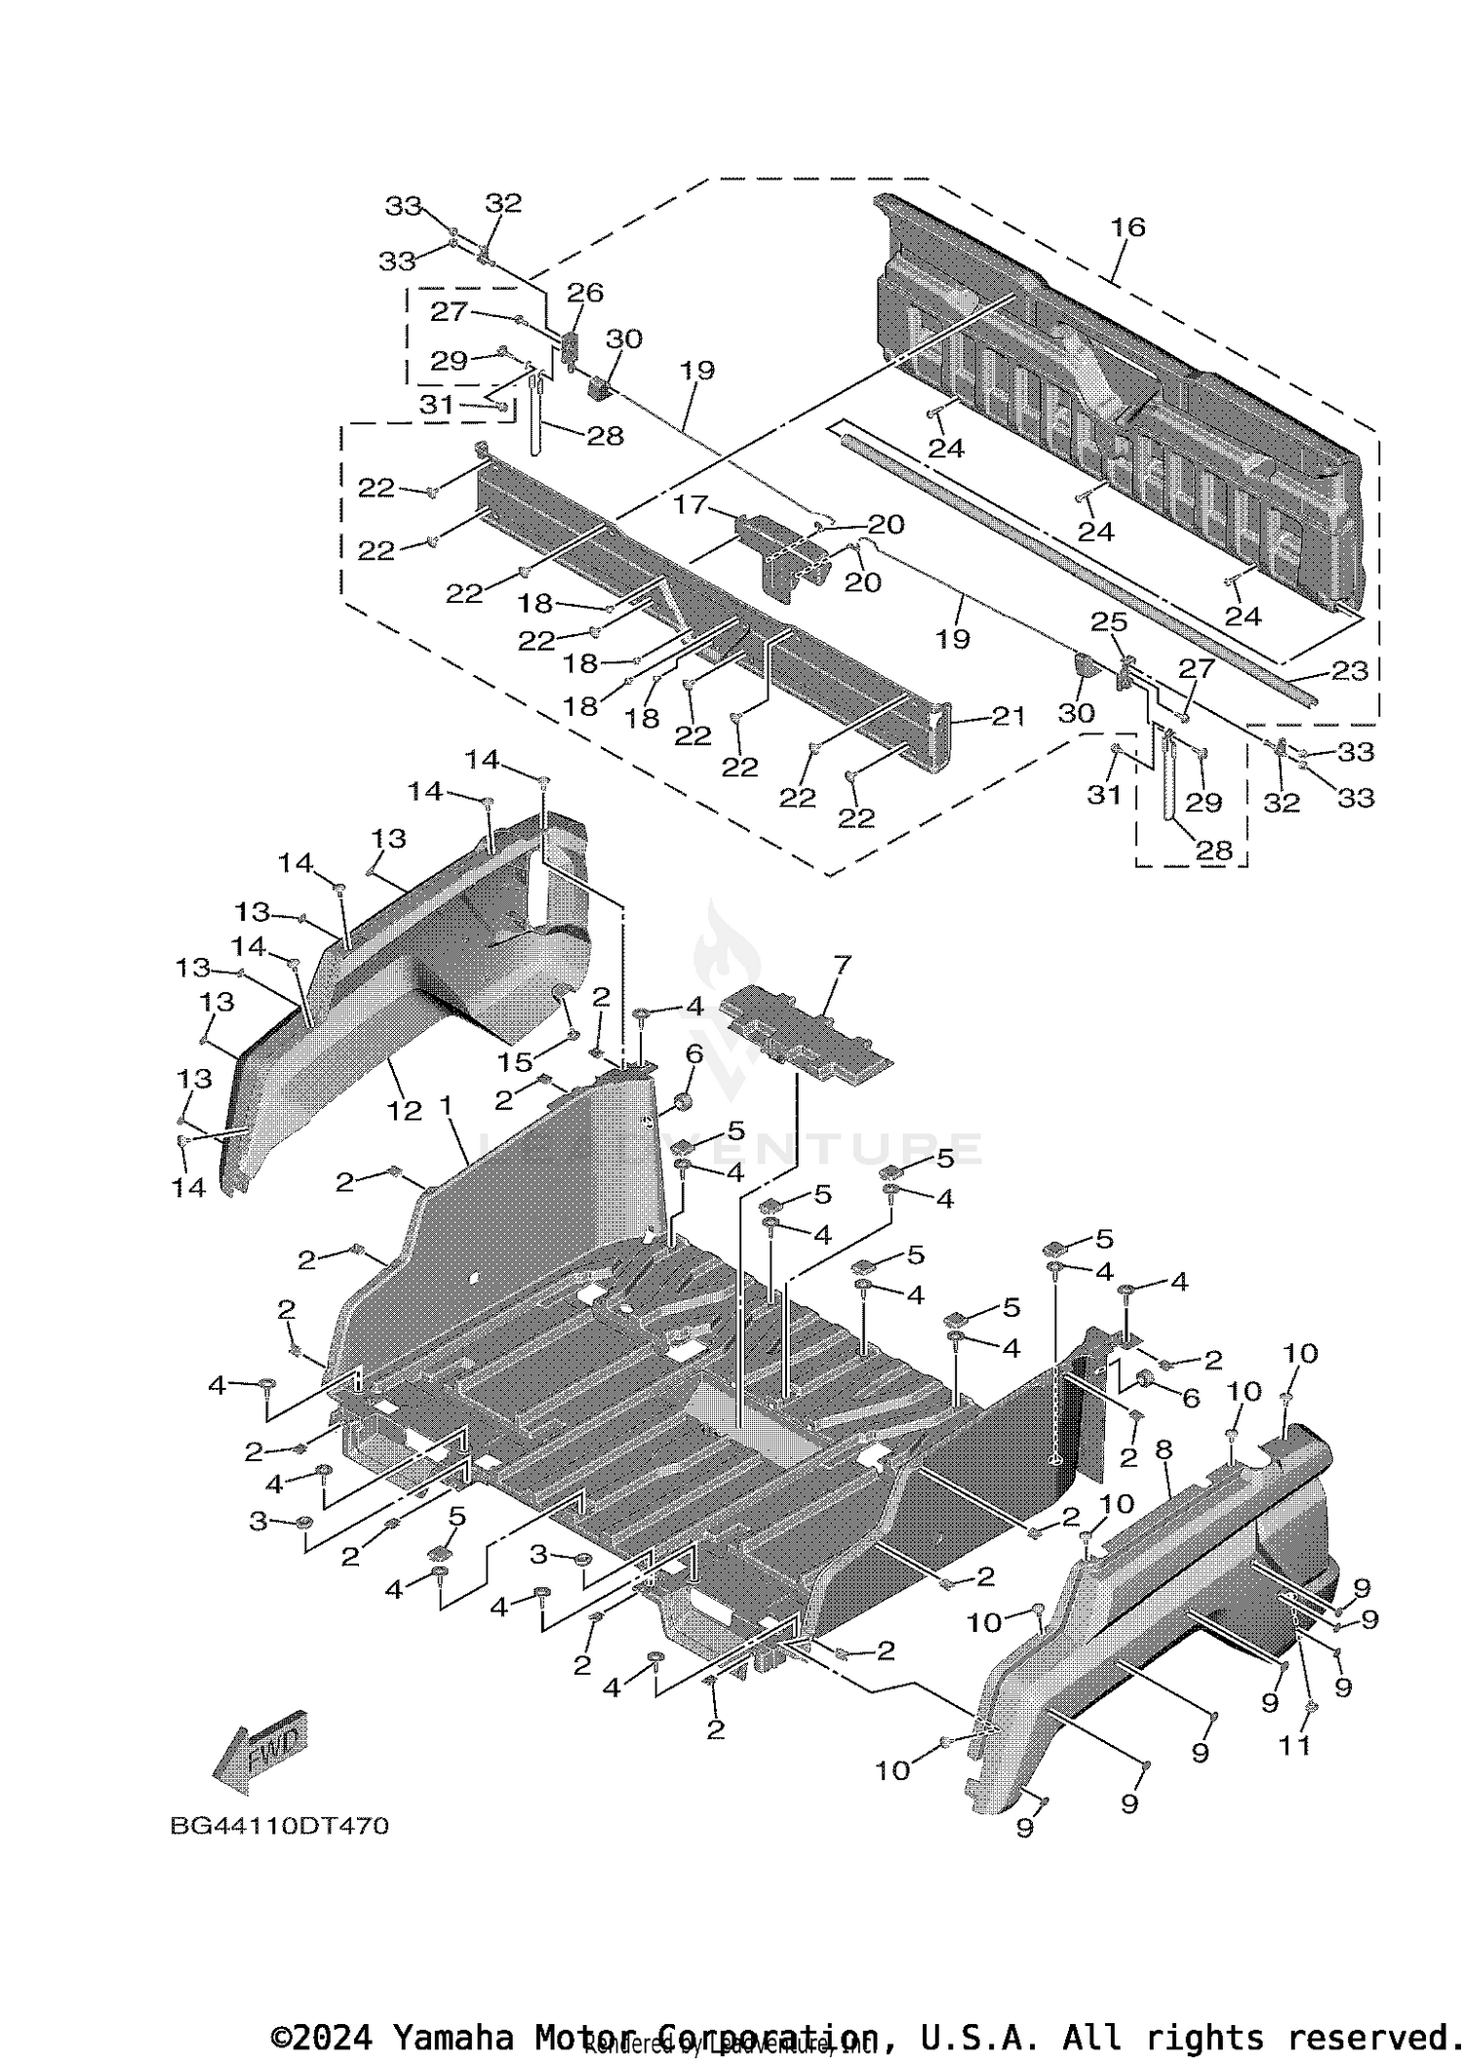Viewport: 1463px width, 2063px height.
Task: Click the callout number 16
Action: click(1127, 227)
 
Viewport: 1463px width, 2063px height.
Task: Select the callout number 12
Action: click(405, 1110)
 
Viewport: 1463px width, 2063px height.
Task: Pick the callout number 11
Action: click(1294, 1745)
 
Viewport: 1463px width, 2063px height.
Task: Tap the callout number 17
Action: click(691, 504)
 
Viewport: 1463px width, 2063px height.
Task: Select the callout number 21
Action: click(1008, 716)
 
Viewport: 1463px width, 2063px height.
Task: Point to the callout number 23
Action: click(1350, 670)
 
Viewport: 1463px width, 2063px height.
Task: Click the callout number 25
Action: click(1109, 622)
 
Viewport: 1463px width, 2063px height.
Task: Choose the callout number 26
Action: click(585, 293)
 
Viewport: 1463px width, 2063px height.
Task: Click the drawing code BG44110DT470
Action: click(280, 1825)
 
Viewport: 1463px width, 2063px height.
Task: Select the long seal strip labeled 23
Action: click(1073, 566)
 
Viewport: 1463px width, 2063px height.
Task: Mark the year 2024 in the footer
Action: click(333, 2038)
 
